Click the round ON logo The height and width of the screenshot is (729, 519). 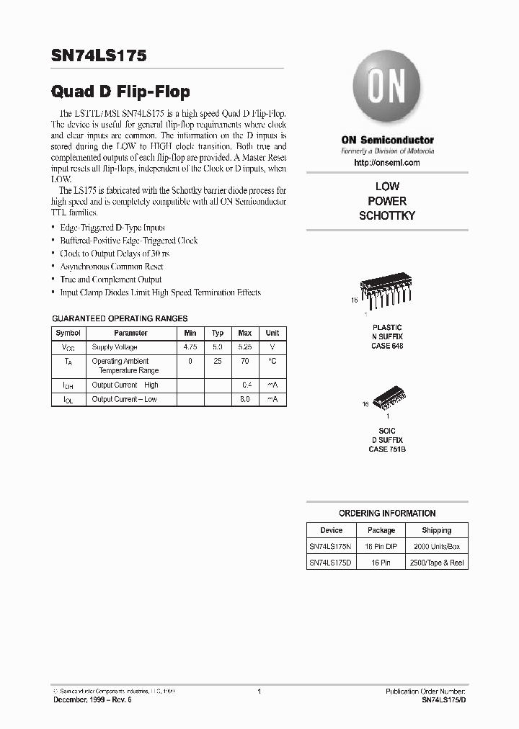pos(387,89)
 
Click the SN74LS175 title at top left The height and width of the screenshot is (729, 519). pos(99,56)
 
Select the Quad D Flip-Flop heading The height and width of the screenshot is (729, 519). pos(120,91)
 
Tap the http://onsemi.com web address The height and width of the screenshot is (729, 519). pos(387,163)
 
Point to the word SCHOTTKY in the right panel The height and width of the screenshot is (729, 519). pos(387,216)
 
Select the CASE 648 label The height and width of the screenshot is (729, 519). pos(387,346)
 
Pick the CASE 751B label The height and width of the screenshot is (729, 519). pos(387,449)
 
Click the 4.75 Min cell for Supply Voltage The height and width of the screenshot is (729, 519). pos(190,347)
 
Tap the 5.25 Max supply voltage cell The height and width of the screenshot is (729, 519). pos(245,347)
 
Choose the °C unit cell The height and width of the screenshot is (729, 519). pos(272,361)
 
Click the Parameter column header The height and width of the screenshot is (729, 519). pos(130,333)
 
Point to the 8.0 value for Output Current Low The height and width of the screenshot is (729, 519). pos(245,399)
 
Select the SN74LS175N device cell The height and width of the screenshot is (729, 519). pos(332,546)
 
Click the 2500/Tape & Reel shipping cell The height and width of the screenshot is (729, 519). pos(436,562)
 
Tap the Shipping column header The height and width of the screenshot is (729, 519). pos(436,530)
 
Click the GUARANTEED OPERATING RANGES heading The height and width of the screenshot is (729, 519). pos(120,318)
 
